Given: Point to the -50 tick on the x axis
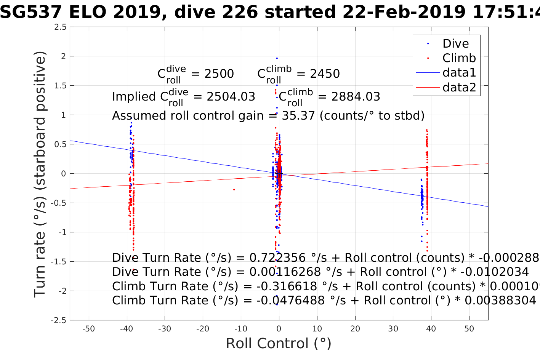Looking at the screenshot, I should pyautogui.click(x=88, y=329).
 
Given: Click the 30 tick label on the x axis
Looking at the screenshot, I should pyautogui.click(x=393, y=329).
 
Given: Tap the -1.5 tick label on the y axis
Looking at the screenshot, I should pyautogui.click(x=59, y=262).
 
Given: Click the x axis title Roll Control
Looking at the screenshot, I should pyautogui.click(x=279, y=344).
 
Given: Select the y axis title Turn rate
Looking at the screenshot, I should pyautogui.click(x=40, y=174).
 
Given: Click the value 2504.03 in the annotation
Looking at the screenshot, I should pyautogui.click(x=231, y=97).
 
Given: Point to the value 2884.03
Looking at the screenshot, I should pyautogui.click(x=356, y=97).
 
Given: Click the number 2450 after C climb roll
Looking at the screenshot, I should pyautogui.click(x=325, y=74).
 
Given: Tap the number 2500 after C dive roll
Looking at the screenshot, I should pyautogui.click(x=219, y=74).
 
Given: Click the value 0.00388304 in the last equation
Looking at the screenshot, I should pyautogui.click(x=500, y=301).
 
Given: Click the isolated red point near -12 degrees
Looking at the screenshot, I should pyautogui.click(x=234, y=189).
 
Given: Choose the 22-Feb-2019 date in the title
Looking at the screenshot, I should pyautogui.click(x=404, y=13).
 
